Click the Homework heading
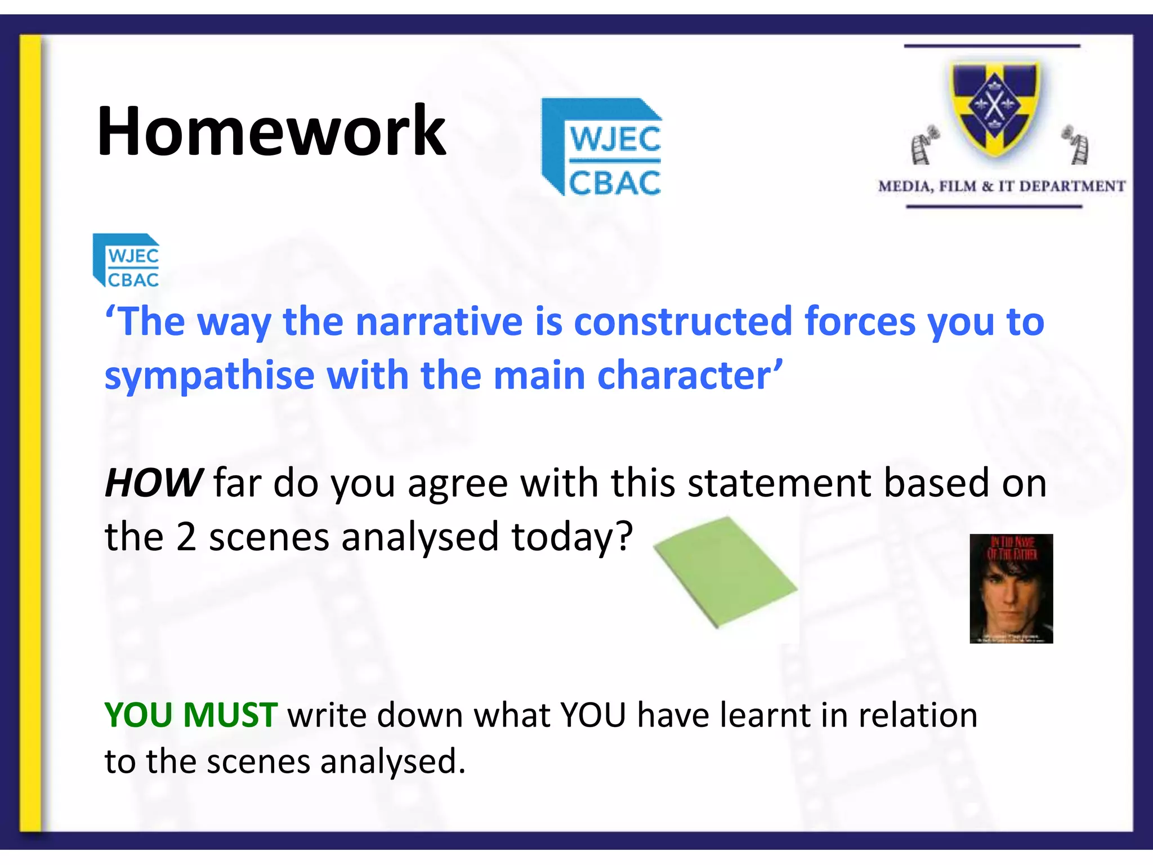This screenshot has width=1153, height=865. (x=271, y=132)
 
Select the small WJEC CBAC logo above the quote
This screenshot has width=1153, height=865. (x=127, y=261)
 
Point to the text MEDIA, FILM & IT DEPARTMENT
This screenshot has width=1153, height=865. (x=1001, y=186)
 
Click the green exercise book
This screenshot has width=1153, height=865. (x=725, y=572)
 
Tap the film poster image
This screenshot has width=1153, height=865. (x=1011, y=588)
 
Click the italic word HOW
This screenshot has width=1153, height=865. (x=153, y=483)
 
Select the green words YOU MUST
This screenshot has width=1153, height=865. (x=190, y=715)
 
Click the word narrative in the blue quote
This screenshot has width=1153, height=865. (x=439, y=322)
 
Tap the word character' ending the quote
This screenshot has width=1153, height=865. (x=689, y=376)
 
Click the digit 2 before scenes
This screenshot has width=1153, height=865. (x=186, y=537)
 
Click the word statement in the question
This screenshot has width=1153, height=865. (x=780, y=483)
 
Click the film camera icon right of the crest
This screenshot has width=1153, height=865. (x=1075, y=145)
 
